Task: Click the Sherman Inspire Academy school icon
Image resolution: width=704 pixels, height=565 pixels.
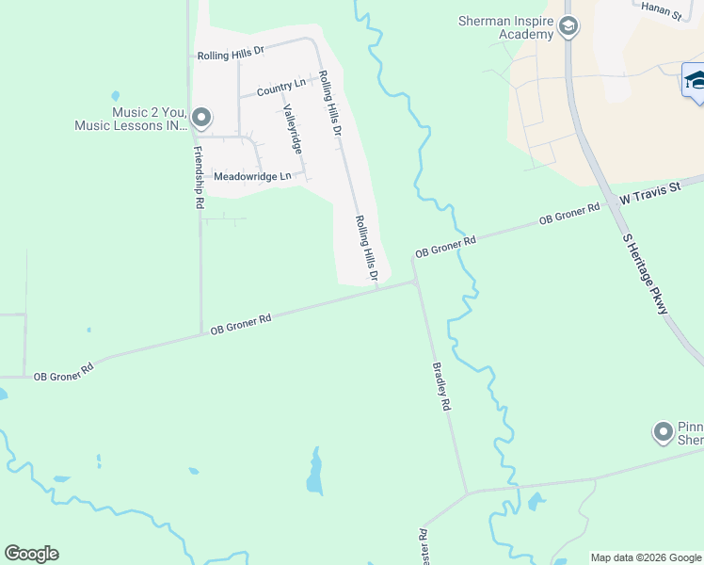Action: click(x=568, y=26)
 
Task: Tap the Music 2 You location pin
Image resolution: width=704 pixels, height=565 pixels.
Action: click(x=200, y=118)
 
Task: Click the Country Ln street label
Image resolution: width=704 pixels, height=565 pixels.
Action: click(x=281, y=88)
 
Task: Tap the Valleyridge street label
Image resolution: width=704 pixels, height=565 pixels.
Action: click(x=291, y=129)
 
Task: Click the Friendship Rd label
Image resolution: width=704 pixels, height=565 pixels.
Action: click(x=199, y=177)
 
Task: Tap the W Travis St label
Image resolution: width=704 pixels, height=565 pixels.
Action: click(x=648, y=193)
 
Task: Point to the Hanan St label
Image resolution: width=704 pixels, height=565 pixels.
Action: click(x=660, y=9)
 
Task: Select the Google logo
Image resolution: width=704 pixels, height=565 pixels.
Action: click(x=31, y=554)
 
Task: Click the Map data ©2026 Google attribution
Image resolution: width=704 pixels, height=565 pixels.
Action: click(x=645, y=557)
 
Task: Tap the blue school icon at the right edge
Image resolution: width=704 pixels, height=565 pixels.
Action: click(x=695, y=80)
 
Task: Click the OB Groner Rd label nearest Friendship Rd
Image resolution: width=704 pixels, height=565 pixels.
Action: click(x=241, y=324)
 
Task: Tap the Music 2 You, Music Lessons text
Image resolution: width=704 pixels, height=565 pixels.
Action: click(x=132, y=118)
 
